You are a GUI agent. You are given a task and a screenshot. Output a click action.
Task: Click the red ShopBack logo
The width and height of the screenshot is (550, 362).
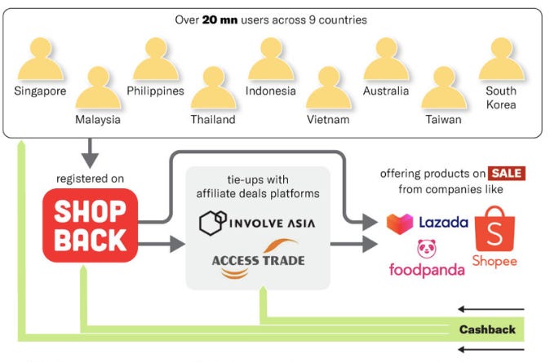[x=90, y=226]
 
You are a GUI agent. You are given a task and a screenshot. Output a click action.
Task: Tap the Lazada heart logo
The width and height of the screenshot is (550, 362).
[x=400, y=223]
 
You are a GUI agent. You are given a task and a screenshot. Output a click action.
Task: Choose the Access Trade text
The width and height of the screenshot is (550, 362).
[x=247, y=261]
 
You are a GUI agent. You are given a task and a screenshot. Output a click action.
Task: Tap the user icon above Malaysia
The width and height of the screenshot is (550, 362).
[x=98, y=90]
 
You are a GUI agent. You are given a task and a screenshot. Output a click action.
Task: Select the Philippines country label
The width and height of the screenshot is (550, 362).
[x=155, y=91]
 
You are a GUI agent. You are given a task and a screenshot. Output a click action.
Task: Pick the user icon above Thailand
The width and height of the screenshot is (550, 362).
[x=213, y=90]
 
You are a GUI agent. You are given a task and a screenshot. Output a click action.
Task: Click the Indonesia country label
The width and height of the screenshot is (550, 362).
[x=270, y=91]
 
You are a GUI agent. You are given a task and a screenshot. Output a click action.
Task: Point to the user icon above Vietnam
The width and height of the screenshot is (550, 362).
[x=328, y=90]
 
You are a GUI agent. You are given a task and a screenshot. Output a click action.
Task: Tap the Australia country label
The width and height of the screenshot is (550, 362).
[x=386, y=91]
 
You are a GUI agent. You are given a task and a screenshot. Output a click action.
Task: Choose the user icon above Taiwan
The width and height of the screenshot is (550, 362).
[x=443, y=90]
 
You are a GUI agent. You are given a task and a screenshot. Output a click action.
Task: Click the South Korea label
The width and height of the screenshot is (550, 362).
[x=501, y=99]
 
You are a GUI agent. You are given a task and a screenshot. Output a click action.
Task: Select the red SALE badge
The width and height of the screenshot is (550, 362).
[x=506, y=174]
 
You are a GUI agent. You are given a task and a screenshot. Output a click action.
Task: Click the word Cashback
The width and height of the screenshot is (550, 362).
[x=487, y=330]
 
